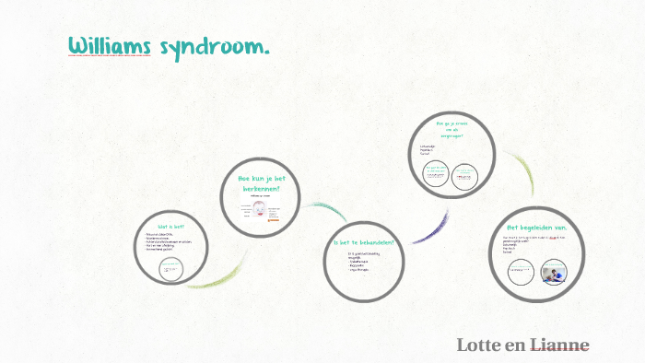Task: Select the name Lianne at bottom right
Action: pos(557,345)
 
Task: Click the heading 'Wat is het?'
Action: pos(170,227)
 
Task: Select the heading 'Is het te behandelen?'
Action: pos(364,243)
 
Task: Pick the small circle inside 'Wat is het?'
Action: pos(170,269)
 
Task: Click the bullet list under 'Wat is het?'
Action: pos(172,244)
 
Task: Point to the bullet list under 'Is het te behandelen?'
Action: pos(360,263)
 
